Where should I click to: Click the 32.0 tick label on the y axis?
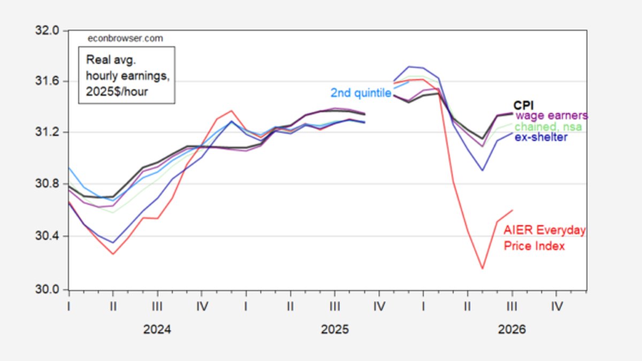point(47,30)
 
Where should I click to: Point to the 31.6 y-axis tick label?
point(47,81)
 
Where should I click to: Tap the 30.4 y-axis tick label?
point(47,236)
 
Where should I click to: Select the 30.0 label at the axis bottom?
point(47,289)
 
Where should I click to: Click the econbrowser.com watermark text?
point(125,39)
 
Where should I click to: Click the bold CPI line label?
point(523,105)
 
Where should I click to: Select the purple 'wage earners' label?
point(552,116)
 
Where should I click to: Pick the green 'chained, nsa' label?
point(548,127)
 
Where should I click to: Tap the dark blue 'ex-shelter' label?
point(541,137)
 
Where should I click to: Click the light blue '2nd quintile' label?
point(361,93)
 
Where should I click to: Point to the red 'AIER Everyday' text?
point(545,230)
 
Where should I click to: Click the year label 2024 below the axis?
point(157,329)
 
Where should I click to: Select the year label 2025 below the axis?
point(335,329)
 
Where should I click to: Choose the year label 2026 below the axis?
point(512,329)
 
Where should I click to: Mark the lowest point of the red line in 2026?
point(483,268)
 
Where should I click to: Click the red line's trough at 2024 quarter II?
point(113,254)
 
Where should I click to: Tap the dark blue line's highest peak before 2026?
point(409,67)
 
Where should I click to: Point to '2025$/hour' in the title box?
point(117,91)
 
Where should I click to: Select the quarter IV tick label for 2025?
point(379,307)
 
